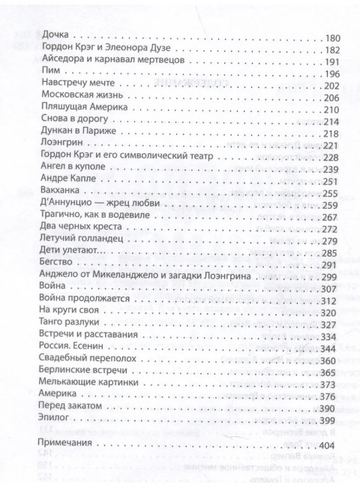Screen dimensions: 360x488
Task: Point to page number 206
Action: point(330,97)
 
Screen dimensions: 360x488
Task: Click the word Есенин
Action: point(90,348)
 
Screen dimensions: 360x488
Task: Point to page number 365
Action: point(330,372)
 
